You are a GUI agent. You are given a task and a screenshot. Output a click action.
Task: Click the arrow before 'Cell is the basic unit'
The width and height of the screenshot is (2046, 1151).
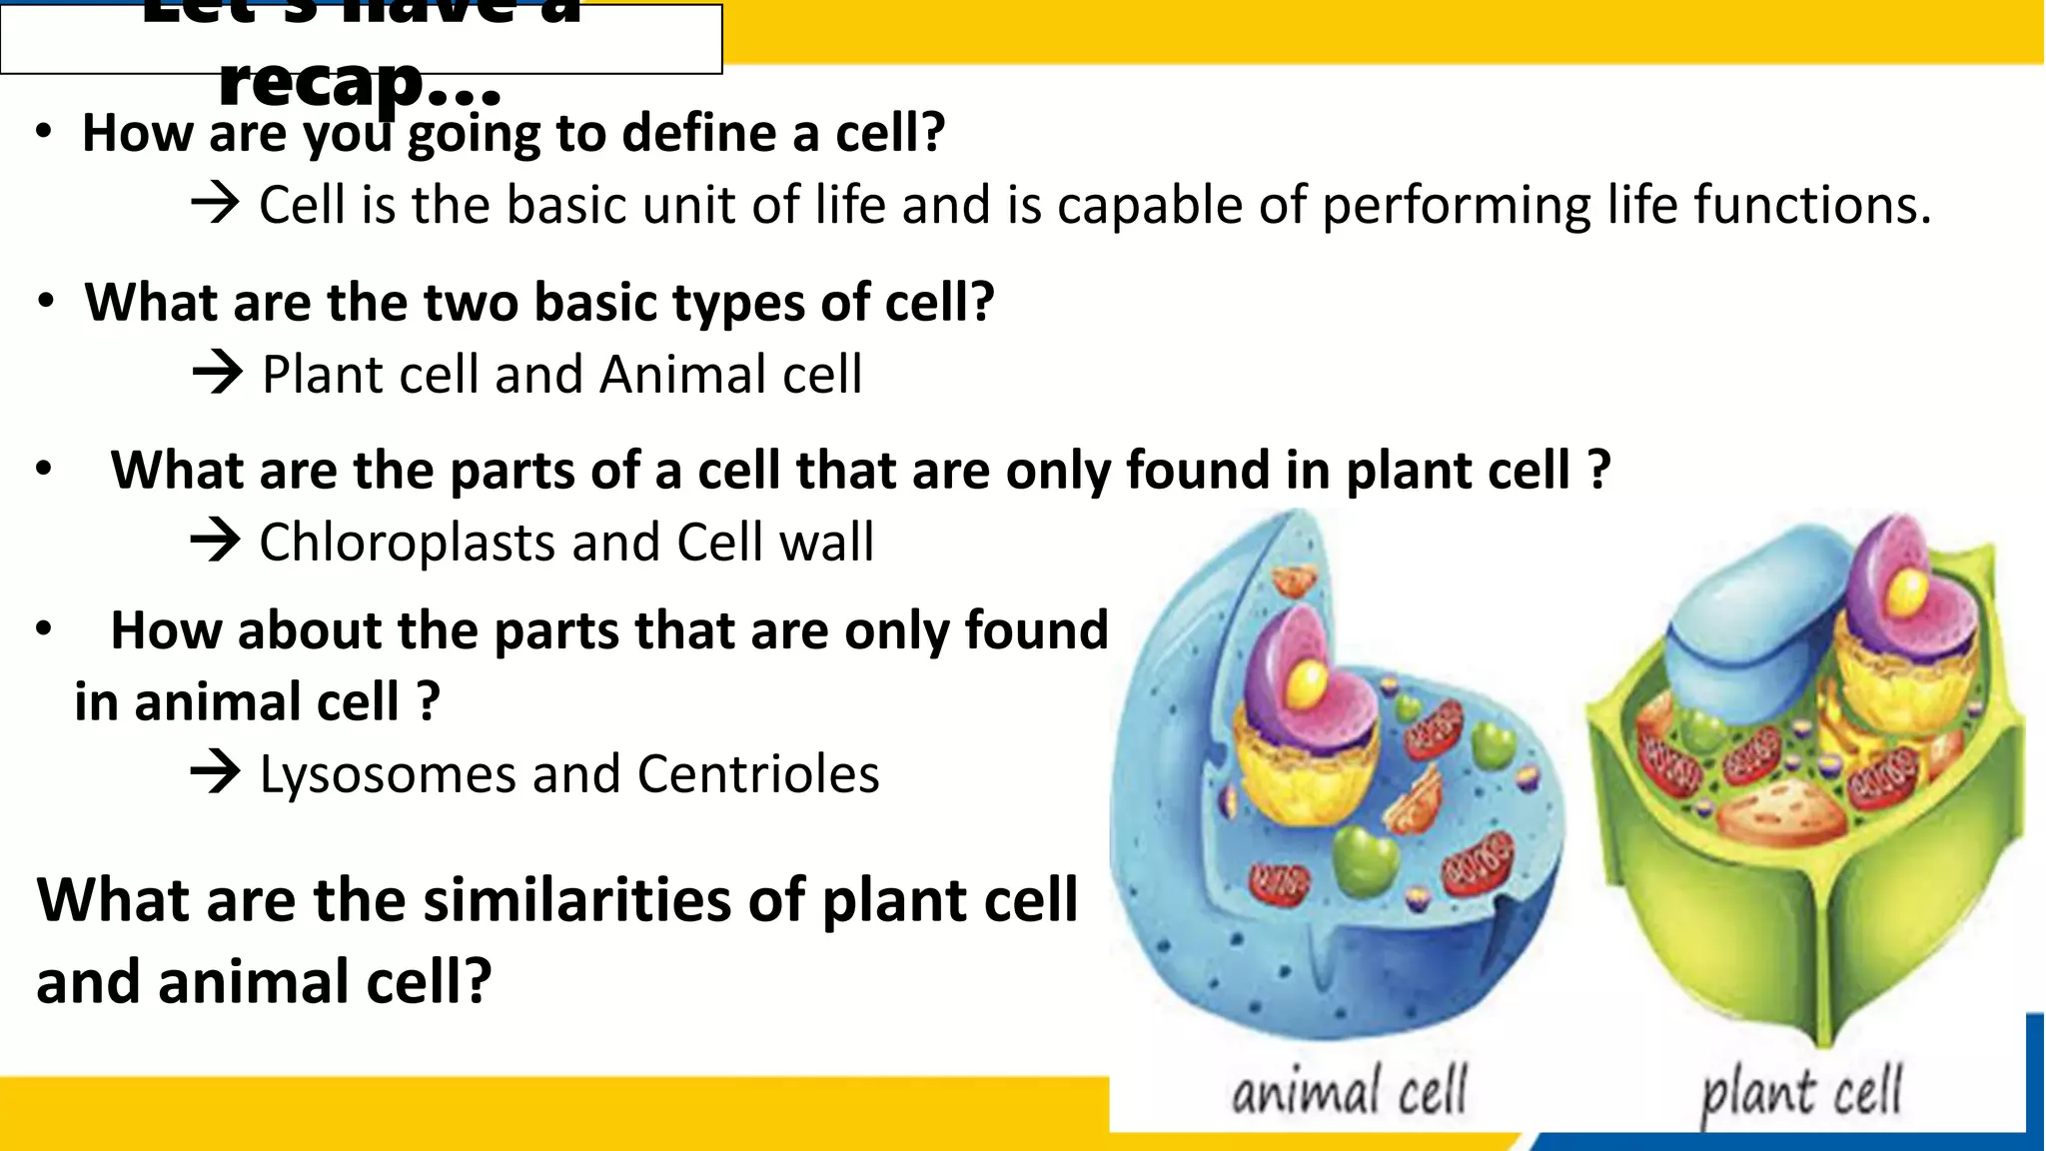[x=214, y=204]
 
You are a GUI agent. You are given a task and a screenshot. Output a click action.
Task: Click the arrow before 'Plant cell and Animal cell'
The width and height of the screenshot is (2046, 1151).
[x=217, y=374]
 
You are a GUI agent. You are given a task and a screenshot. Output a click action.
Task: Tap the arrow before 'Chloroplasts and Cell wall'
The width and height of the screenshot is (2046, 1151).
[x=215, y=542]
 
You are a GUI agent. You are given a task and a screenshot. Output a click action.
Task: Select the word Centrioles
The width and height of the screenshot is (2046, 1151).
[x=758, y=774]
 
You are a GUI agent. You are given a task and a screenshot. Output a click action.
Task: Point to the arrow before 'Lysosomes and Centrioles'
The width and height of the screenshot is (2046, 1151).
[x=215, y=773]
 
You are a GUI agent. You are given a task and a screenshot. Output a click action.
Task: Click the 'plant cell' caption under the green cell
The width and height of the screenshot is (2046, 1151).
[x=1800, y=1092]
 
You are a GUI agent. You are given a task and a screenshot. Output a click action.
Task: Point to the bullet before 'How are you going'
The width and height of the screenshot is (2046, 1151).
[x=43, y=133]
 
